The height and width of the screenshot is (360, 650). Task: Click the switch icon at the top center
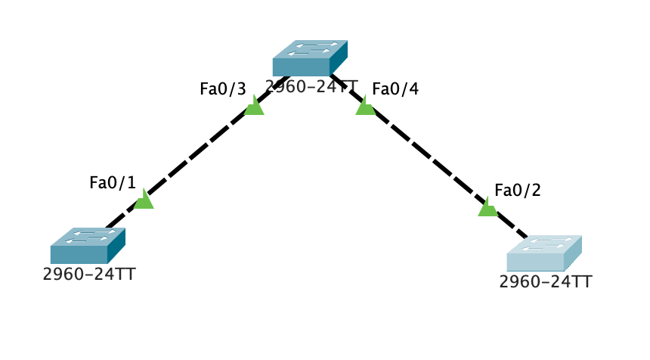click(309, 58)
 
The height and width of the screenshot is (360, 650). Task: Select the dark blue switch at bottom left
click(87, 246)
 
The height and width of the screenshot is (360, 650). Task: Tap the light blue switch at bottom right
click(543, 253)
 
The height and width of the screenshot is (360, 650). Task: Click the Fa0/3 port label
click(222, 89)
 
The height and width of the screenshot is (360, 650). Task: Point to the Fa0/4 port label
click(395, 89)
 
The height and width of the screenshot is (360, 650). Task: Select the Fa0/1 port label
click(112, 182)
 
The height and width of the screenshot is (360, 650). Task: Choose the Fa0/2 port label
click(518, 190)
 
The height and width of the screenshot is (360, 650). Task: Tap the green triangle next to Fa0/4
click(365, 107)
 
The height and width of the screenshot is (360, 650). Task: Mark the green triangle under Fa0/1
click(144, 200)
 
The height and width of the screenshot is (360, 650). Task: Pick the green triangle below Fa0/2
click(487, 207)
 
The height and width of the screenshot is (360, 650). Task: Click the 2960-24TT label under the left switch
click(89, 274)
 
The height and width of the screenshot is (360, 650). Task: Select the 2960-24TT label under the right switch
click(546, 282)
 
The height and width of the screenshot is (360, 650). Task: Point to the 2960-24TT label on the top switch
click(311, 85)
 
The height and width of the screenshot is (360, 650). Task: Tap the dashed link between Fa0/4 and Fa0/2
click(427, 157)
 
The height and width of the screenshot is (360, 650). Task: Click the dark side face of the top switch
click(339, 57)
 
